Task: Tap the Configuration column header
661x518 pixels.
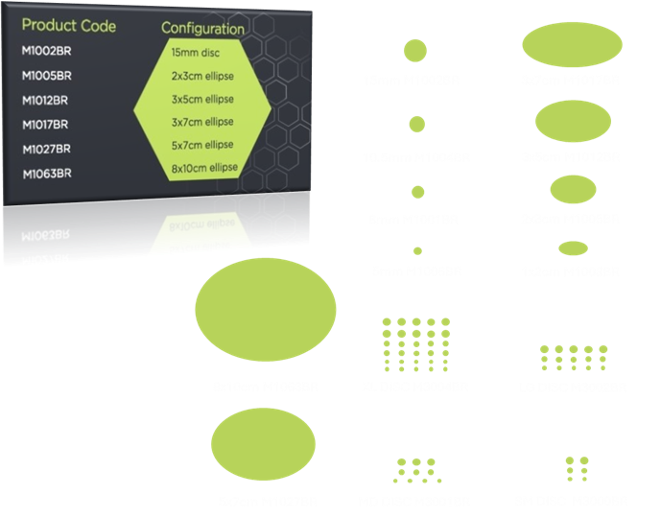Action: (x=202, y=28)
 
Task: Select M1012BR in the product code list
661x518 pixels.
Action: (x=46, y=100)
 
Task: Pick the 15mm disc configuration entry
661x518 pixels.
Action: (x=196, y=51)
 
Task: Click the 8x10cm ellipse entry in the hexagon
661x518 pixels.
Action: (x=202, y=169)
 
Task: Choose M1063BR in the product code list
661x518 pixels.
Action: (x=47, y=174)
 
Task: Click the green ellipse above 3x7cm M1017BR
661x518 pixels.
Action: (x=572, y=45)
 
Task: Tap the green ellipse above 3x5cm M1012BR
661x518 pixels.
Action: (x=572, y=122)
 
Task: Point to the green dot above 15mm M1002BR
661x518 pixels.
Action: (x=416, y=50)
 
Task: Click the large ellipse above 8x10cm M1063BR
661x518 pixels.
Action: (x=265, y=310)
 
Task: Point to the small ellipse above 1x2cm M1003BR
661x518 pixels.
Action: (x=573, y=248)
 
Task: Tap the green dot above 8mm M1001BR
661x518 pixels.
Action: (x=416, y=195)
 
